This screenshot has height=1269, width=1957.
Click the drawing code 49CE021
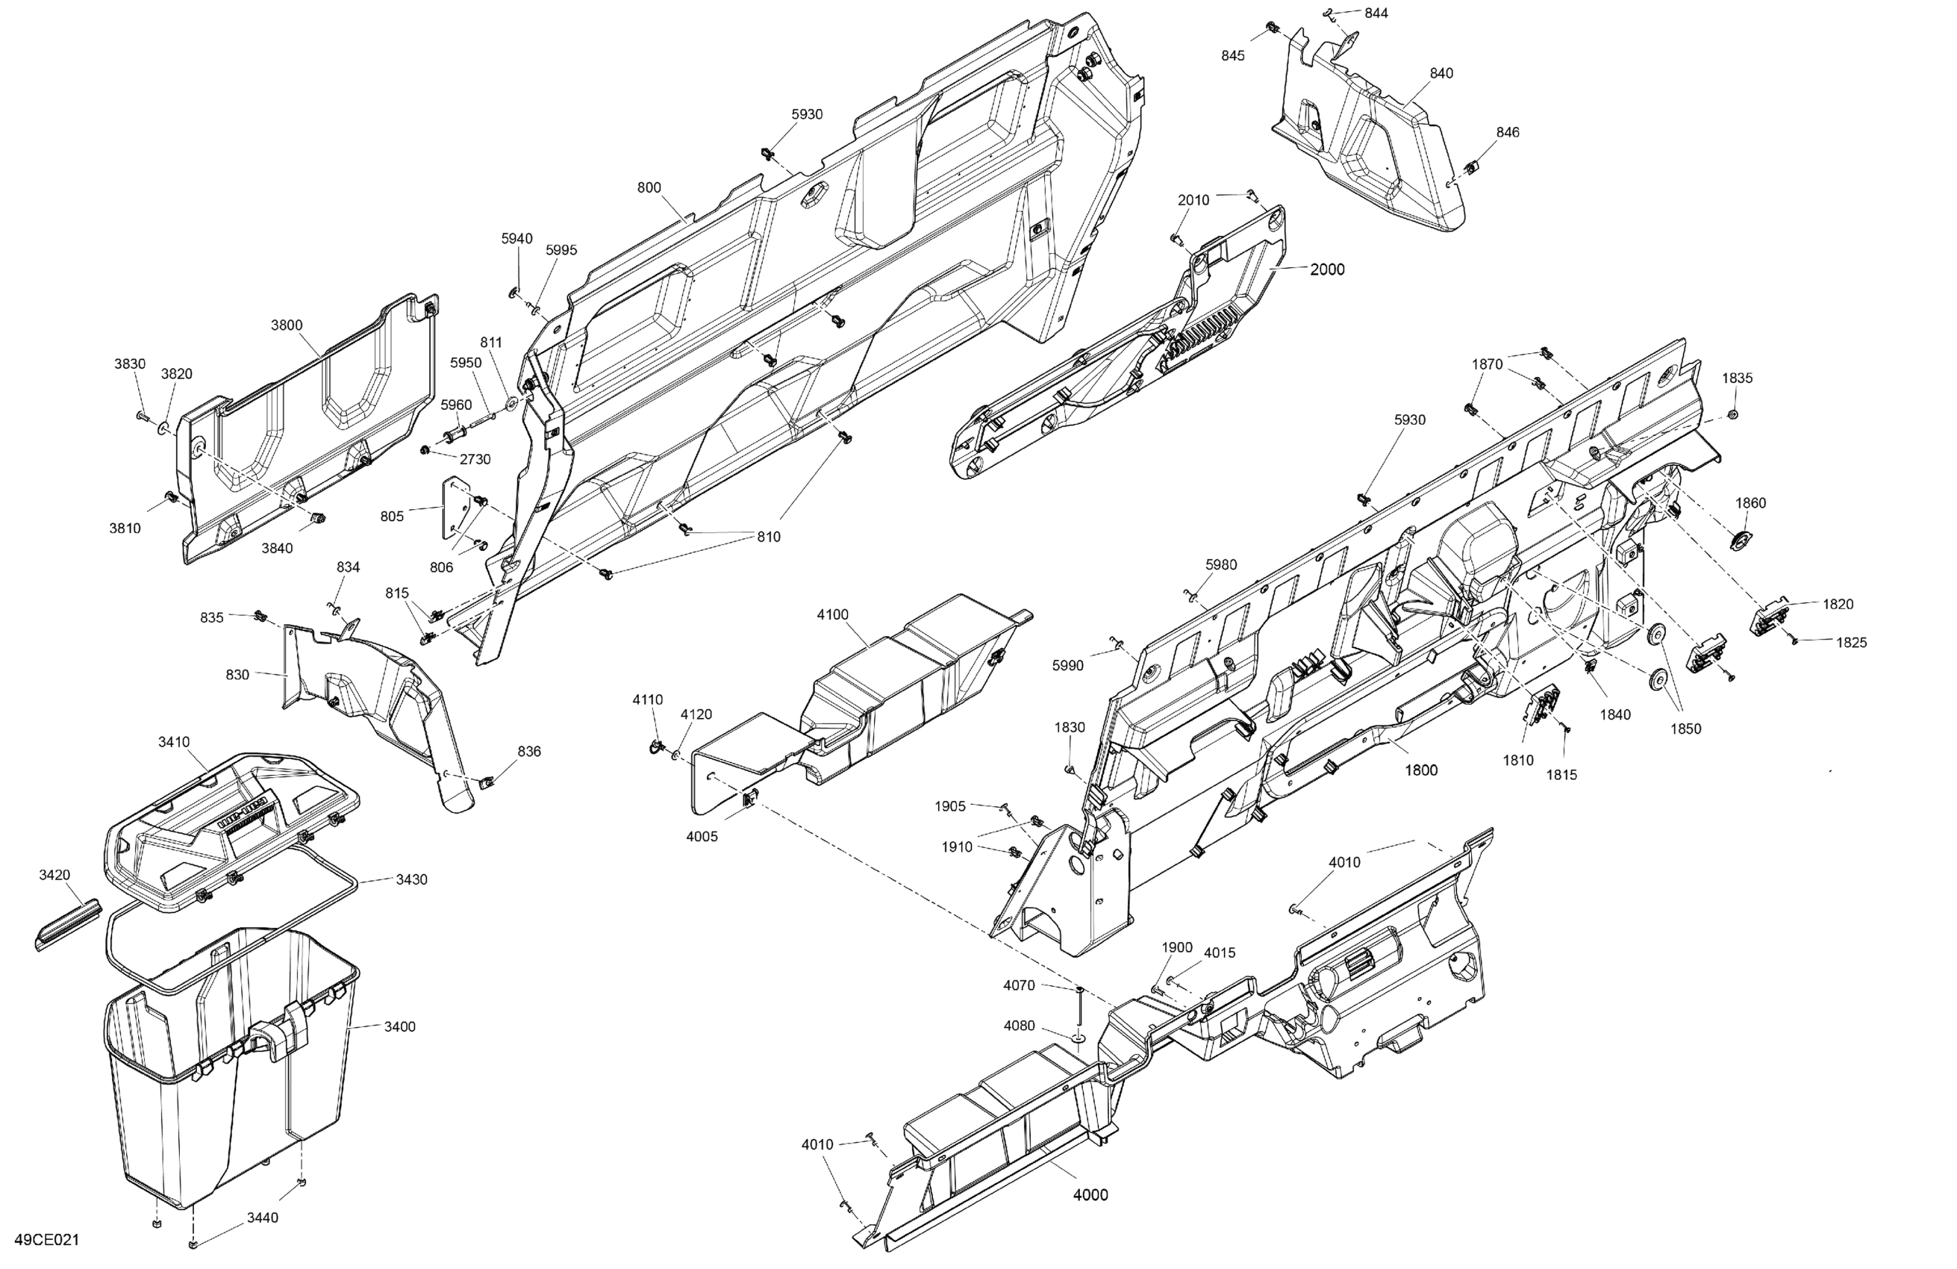47,1239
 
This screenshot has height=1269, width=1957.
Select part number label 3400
399,1026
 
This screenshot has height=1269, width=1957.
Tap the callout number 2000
1327,269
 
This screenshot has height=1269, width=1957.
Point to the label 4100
832,614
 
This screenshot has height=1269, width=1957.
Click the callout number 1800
1421,770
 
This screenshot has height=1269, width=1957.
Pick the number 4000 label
1090,1195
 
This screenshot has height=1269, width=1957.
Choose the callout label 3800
287,325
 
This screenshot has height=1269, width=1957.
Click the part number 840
1441,73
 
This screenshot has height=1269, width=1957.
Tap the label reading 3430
411,879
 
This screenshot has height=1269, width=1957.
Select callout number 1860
1750,502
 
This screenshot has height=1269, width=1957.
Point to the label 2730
475,459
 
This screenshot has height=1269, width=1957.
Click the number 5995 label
561,250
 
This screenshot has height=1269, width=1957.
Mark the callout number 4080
1019,1026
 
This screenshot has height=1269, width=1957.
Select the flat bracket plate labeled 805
451,509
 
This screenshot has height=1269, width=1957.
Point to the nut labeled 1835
1732,414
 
